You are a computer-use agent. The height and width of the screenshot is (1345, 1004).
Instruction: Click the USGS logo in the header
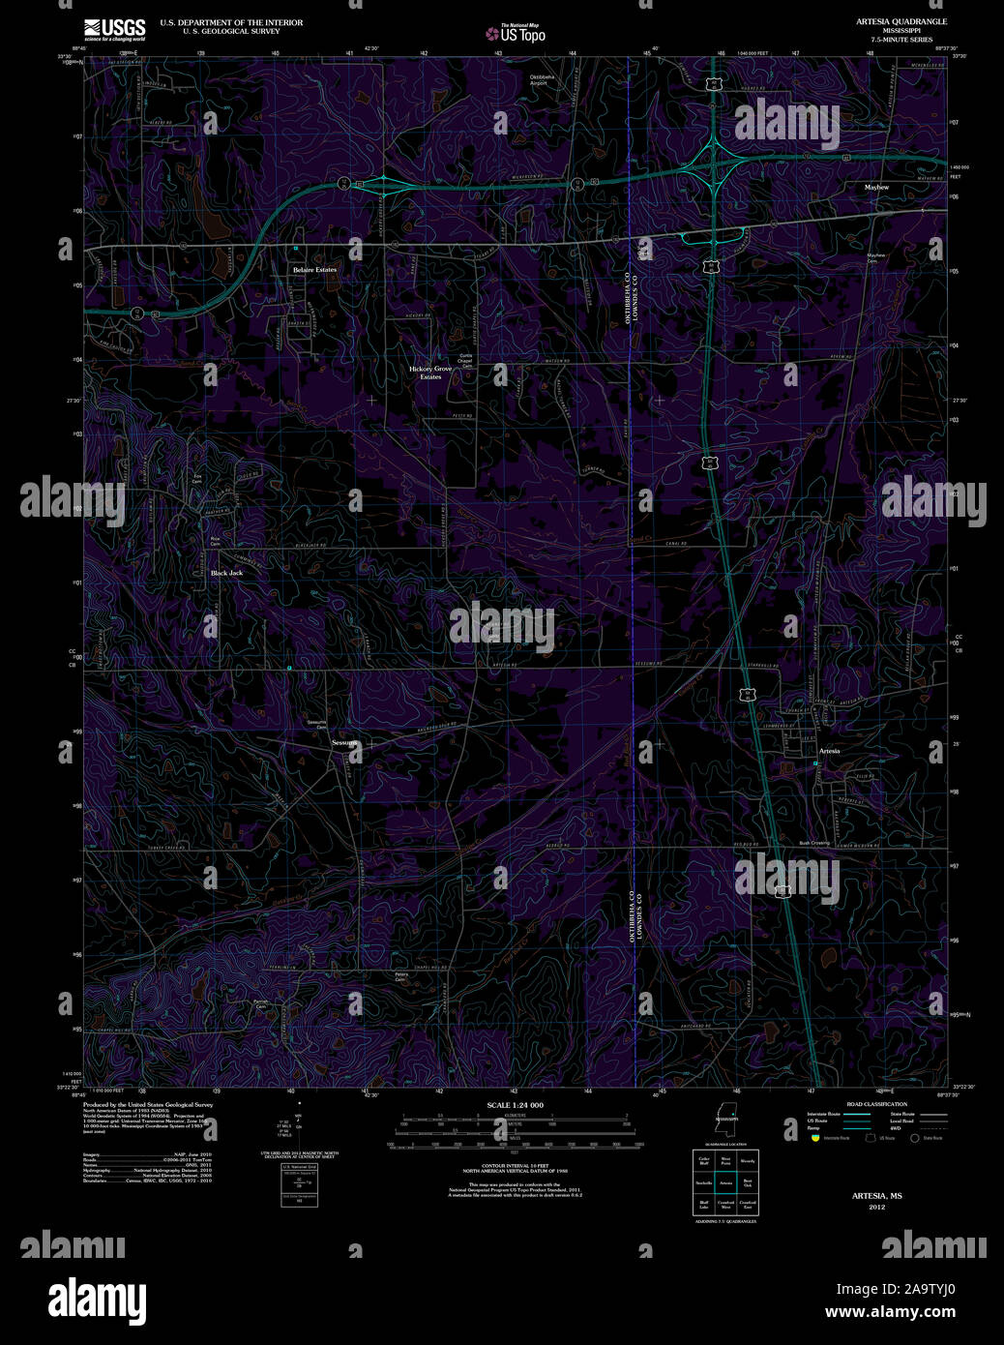tap(114, 28)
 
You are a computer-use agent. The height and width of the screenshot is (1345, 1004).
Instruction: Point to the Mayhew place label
tap(876, 187)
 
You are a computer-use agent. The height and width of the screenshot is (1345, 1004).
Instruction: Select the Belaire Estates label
tap(315, 269)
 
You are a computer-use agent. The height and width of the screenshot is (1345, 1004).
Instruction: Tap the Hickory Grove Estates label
tap(430, 373)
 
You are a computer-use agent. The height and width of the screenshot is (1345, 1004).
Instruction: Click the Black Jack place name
tap(226, 573)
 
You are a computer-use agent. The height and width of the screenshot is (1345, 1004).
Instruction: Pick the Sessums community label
tap(344, 742)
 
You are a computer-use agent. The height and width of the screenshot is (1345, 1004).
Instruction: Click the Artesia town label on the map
tap(829, 751)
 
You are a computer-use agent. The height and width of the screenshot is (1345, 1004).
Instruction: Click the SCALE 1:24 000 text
tap(515, 1105)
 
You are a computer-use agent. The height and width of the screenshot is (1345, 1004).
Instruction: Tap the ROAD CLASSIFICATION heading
tap(876, 1104)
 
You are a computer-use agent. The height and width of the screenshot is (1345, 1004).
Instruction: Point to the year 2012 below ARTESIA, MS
tap(876, 1207)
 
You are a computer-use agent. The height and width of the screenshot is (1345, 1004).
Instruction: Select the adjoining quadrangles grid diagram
tap(725, 1182)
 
